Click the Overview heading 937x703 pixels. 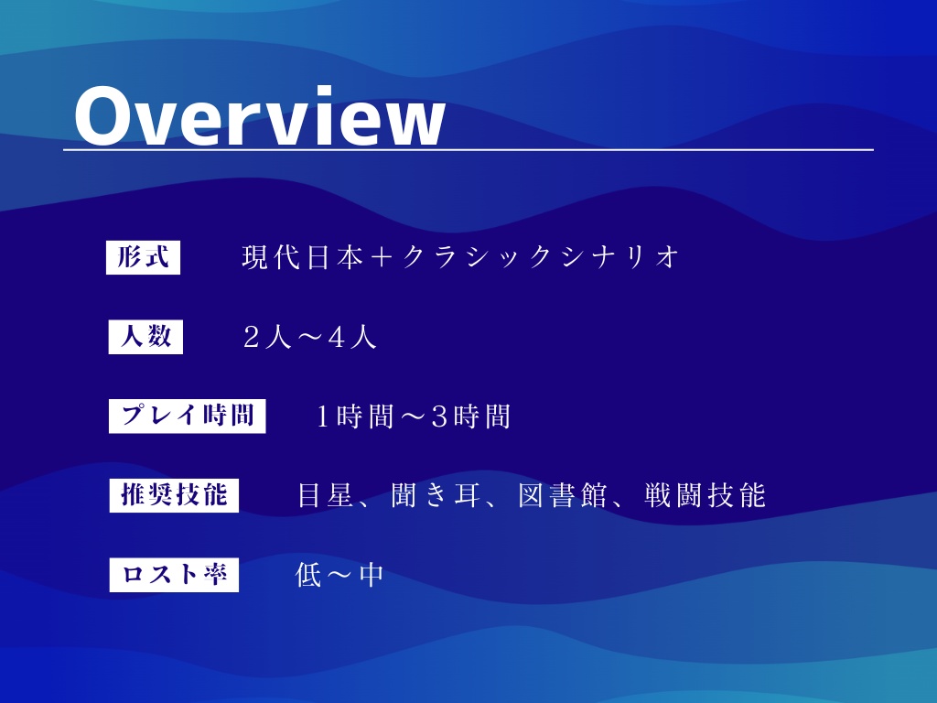[259, 117]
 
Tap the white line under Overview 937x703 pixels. [468, 149]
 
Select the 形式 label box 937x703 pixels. [144, 257]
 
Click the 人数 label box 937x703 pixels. [145, 337]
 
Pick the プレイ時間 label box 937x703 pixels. [188, 416]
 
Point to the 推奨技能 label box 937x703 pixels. [174, 495]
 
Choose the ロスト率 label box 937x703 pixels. [174, 575]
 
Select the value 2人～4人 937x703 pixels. [310, 338]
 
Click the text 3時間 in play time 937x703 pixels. [469, 417]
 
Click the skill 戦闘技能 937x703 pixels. [704, 496]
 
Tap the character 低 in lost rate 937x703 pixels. [308, 576]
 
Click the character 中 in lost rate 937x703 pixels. [371, 576]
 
